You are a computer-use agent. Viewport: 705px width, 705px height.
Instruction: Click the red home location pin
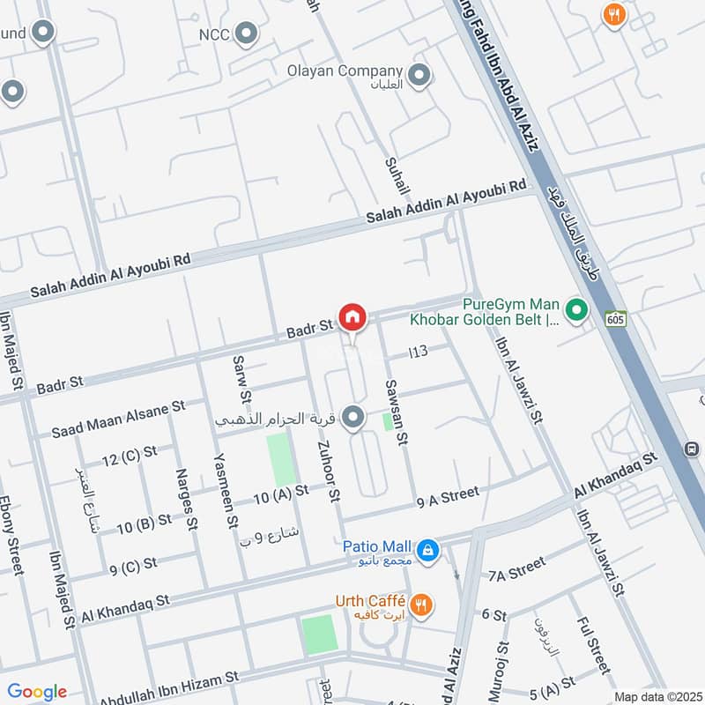tap(352, 316)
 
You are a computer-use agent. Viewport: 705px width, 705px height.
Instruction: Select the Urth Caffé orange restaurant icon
tap(423, 604)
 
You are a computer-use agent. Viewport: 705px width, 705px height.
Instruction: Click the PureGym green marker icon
tap(576, 309)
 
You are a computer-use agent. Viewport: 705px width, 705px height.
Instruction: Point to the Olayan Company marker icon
tap(420, 74)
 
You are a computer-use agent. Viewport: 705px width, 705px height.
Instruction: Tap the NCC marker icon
tap(249, 35)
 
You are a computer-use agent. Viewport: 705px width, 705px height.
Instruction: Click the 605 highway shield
tap(616, 319)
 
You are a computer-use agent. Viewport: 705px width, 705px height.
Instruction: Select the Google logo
tap(37, 692)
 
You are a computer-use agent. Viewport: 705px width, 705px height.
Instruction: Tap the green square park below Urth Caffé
tap(319, 634)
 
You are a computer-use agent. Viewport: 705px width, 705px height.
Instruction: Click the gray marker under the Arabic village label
tap(353, 418)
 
